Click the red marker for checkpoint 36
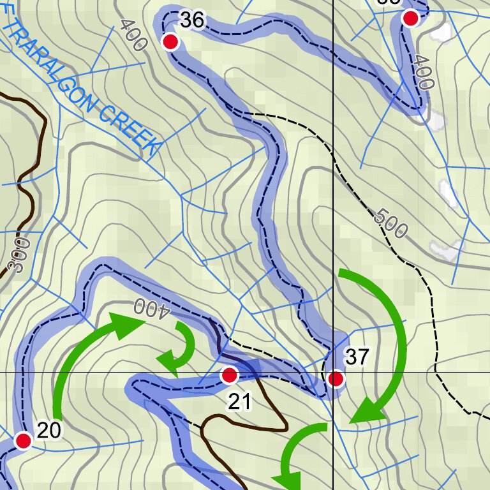[x=170, y=42]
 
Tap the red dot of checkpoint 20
[x=24, y=440]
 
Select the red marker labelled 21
[x=229, y=376]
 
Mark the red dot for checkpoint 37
[x=336, y=380]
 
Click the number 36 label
[x=191, y=20]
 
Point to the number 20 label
[x=48, y=431]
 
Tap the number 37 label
[x=357, y=357]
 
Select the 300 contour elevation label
[x=21, y=256]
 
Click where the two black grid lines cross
[x=333, y=371]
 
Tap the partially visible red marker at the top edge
[x=411, y=17]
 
